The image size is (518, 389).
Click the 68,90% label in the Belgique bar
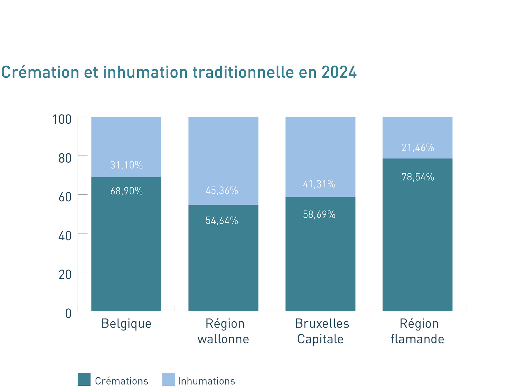[126, 191]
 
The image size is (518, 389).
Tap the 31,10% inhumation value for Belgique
[126, 165]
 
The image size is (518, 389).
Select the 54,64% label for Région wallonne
[222, 221]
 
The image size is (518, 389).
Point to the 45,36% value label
[222, 190]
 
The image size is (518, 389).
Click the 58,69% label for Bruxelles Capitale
[319, 215]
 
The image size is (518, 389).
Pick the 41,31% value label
[319, 184]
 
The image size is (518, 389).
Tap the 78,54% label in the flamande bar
[418, 177]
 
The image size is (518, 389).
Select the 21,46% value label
[418, 148]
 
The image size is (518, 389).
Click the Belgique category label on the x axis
[126, 324]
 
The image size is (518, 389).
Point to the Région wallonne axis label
[224, 331]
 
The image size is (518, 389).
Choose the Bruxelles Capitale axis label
[321, 331]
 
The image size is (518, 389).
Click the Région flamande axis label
[418, 331]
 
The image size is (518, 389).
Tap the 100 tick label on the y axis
[62, 119]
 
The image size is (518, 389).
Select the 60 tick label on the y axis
[65, 197]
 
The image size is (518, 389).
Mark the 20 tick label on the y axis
[65, 275]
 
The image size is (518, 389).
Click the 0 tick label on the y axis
[68, 314]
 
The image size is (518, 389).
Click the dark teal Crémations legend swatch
[84, 379]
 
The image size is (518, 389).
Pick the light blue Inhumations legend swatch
[169, 379]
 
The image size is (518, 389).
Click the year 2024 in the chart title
[339, 72]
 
